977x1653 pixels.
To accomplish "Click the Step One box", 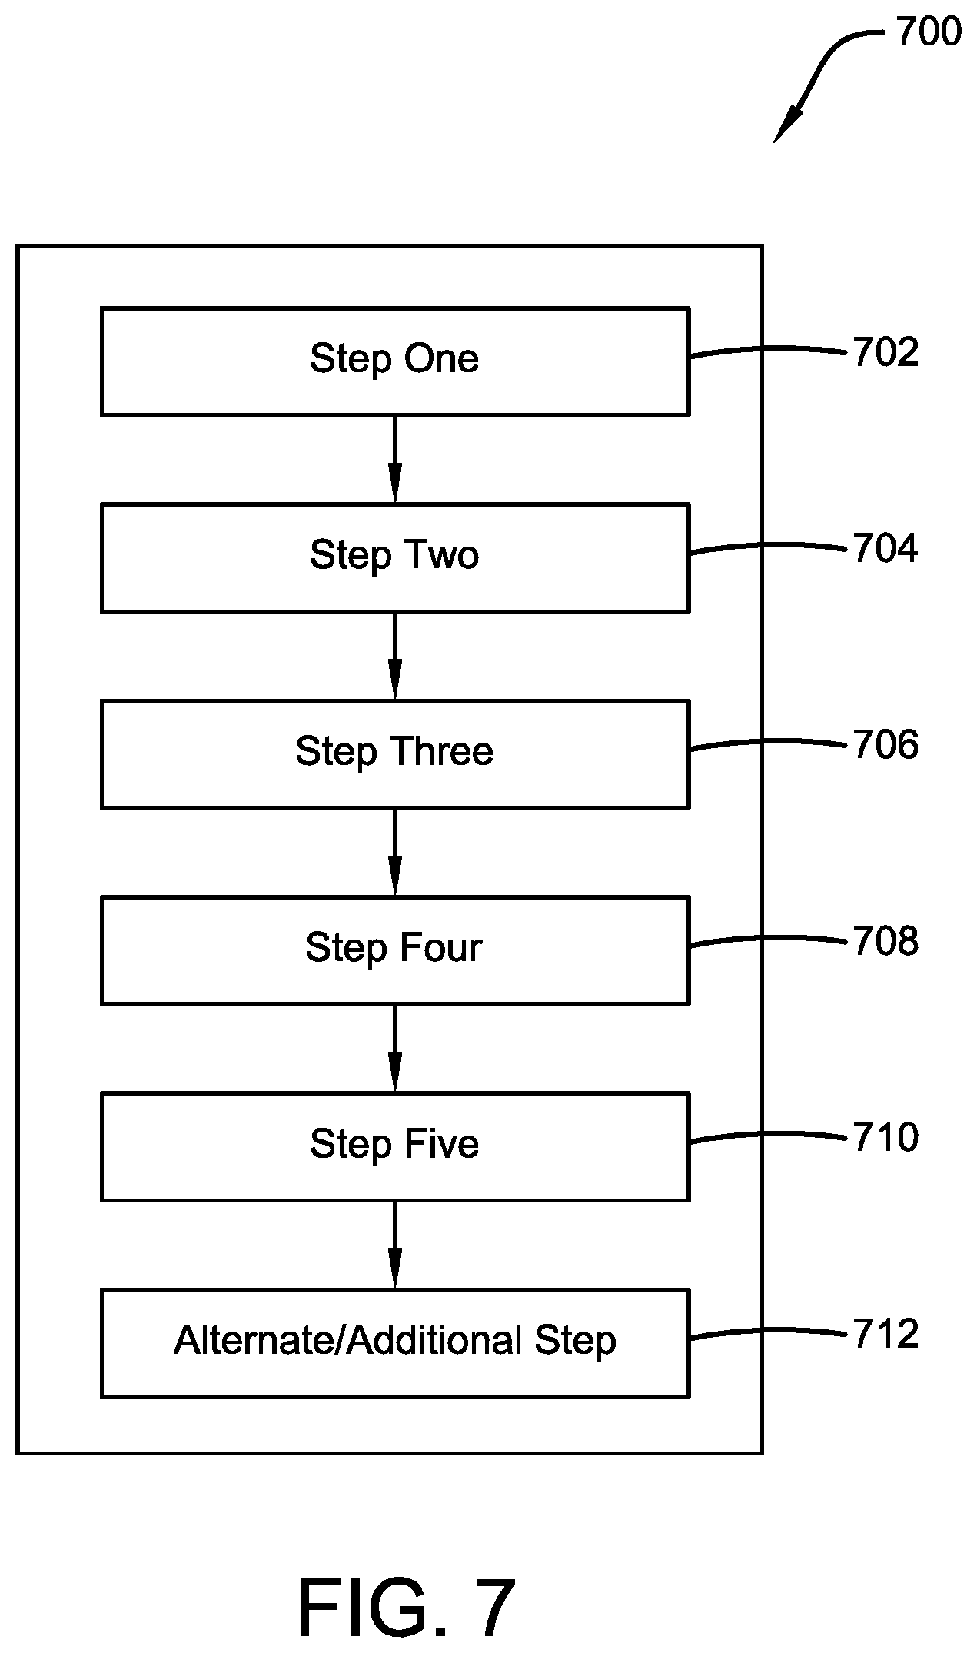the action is pos(394,361).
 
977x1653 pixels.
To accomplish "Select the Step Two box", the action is pos(394,557).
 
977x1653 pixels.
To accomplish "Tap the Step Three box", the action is pos(394,753).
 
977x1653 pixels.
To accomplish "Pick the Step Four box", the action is pos(394,950).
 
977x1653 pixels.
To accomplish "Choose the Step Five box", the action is pos(394,1146).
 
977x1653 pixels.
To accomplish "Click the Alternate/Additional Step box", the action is pos(394,1343).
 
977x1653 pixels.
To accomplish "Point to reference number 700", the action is pos(929,32).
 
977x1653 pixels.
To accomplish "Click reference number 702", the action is pos(886,353).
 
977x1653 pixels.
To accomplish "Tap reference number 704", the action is pos(886,549).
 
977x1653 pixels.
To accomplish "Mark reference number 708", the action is pos(886,942).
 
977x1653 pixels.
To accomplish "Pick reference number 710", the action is pos(886,1138).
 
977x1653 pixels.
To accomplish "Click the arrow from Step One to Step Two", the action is pos(394,460).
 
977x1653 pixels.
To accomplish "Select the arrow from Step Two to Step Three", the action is pos(394,656).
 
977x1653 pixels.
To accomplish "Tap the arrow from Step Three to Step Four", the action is pos(394,853).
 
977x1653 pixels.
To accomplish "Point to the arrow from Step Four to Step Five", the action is pos(394,1049).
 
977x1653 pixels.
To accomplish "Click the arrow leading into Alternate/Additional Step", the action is pos(394,1246).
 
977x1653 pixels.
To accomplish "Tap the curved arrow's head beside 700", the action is pos(786,126).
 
